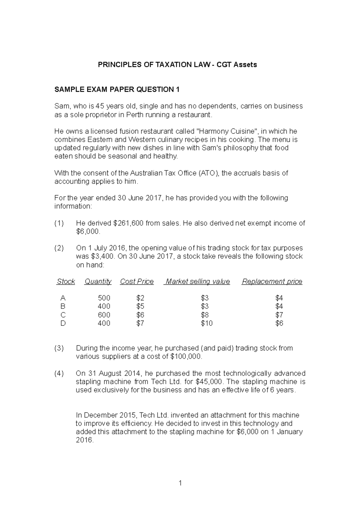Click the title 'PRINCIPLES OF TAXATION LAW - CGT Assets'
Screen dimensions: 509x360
(x=177, y=64)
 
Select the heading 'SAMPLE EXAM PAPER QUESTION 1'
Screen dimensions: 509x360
(x=117, y=89)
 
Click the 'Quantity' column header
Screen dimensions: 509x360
(x=98, y=281)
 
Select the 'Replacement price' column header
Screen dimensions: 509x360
(x=272, y=281)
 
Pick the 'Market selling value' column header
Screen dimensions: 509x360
(x=198, y=281)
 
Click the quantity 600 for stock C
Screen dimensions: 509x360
(x=104, y=315)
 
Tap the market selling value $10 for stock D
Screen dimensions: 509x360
(x=207, y=323)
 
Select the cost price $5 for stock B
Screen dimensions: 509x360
(x=140, y=306)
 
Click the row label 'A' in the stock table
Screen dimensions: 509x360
(x=63, y=298)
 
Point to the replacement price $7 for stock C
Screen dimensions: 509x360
(x=279, y=315)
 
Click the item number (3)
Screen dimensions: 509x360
(x=59, y=348)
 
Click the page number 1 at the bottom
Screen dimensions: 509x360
(x=180, y=483)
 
